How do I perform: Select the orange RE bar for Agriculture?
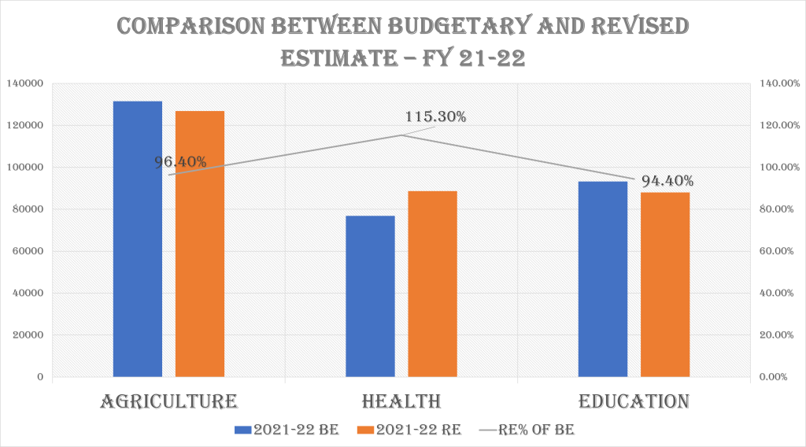click(x=200, y=244)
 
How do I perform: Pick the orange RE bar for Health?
click(x=432, y=283)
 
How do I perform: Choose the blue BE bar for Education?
click(x=603, y=279)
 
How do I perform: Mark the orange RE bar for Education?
click(x=665, y=284)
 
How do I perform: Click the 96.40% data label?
click(x=180, y=162)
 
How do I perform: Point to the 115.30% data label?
click(x=435, y=117)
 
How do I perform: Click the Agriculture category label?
click(x=169, y=401)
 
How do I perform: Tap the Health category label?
click(x=401, y=401)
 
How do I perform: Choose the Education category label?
click(x=634, y=401)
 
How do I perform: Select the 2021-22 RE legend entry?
click(x=409, y=430)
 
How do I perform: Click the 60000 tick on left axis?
click(x=28, y=251)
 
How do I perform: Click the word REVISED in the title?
click(x=630, y=25)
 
